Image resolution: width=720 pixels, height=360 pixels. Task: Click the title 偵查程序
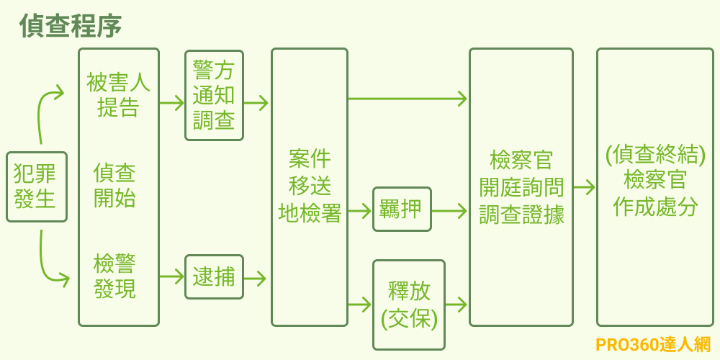click(70, 26)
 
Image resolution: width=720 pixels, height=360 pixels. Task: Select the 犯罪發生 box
click(36, 186)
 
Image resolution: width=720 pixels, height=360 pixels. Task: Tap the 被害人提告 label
click(118, 95)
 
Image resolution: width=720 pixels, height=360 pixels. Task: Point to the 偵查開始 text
click(115, 185)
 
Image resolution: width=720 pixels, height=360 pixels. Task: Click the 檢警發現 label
click(115, 276)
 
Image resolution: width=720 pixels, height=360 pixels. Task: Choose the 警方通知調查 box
click(214, 95)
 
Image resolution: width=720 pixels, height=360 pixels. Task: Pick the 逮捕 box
click(214, 277)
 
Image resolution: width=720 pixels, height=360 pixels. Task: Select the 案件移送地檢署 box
click(310, 186)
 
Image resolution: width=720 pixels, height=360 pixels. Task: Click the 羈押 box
click(402, 210)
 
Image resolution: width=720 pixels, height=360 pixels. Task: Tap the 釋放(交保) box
click(409, 305)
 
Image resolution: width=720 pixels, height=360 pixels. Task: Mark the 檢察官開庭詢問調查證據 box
click(521, 186)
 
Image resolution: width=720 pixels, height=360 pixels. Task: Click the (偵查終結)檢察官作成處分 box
click(654, 186)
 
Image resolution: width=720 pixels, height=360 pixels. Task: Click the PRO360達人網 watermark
click(653, 345)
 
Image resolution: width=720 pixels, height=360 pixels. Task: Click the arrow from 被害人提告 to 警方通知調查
click(171, 103)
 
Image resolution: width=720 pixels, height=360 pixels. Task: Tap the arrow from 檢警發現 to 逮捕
click(171, 276)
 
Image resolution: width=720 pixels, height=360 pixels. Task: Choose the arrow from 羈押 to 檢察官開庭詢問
click(449, 211)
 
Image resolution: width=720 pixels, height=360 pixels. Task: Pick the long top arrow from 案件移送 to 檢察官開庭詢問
click(408, 99)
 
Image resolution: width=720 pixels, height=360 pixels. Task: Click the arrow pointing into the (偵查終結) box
click(584, 187)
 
